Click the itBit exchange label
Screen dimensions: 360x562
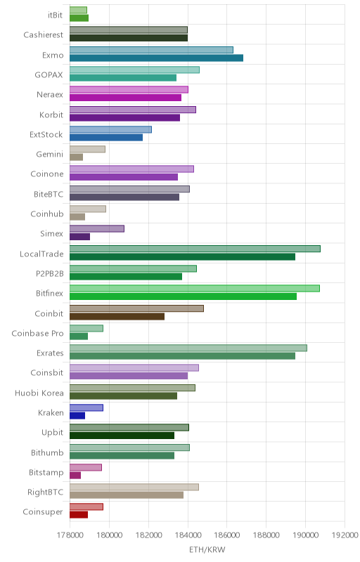pos(56,15)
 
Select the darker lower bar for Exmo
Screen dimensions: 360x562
pos(156,58)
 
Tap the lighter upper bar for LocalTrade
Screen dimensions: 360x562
pos(195,249)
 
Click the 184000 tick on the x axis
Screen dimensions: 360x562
pos(188,535)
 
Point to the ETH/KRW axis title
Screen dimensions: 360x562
pos(207,550)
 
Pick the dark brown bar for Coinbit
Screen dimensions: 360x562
pos(117,317)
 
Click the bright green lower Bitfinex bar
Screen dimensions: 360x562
pos(183,296)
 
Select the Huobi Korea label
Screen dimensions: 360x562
pos(39,393)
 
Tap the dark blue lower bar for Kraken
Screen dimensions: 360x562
pos(77,416)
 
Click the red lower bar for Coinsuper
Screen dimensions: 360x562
pos(79,515)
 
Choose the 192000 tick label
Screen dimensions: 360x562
pos(345,535)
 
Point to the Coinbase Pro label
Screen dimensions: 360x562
pos(38,333)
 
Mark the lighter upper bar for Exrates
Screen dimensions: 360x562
pos(188,348)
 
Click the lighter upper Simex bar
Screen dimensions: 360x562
pos(97,229)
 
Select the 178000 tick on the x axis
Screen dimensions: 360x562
pos(70,535)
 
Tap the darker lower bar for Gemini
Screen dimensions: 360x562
pos(76,157)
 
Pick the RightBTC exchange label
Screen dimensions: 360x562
pos(46,492)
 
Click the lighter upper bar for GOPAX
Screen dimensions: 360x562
pos(134,70)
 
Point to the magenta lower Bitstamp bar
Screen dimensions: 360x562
pos(75,476)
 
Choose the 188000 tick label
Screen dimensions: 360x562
pos(266,535)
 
